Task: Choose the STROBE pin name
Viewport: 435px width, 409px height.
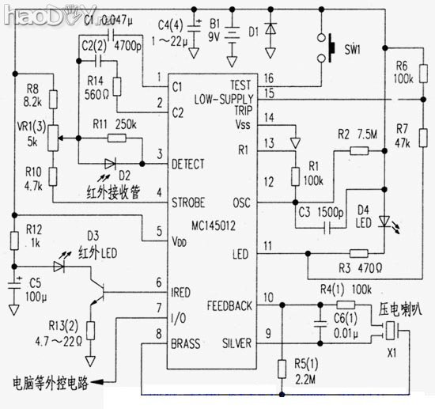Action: pos(190,203)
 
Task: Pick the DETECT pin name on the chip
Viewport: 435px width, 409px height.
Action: pos(189,164)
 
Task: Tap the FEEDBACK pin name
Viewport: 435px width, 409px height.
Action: pos(229,305)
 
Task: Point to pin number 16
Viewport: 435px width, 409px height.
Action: pos(270,78)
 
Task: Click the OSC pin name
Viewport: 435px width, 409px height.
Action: pos(241,203)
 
